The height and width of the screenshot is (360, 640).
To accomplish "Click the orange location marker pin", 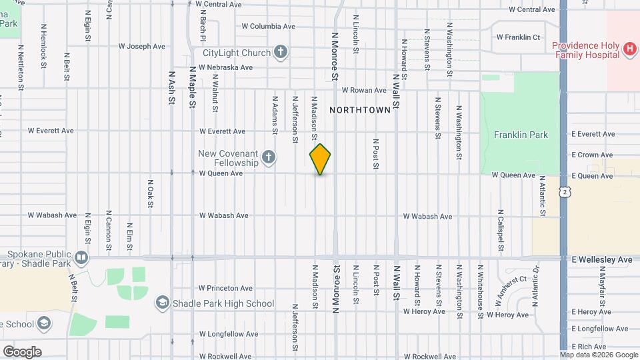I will (320, 159).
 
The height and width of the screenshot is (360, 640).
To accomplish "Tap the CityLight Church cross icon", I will (281, 53).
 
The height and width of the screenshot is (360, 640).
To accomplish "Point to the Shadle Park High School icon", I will (162, 303).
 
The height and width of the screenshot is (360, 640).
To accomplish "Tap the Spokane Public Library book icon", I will (81, 257).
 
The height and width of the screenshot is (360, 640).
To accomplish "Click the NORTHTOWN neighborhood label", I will (359, 110).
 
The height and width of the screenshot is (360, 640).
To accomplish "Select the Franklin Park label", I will (521, 135).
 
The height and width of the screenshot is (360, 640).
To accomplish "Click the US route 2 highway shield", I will (565, 192).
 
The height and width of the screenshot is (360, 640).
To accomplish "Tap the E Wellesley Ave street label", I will (601, 259).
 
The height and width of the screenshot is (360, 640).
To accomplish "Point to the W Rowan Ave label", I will (364, 90).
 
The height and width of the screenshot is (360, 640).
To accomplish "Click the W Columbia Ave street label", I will (268, 27).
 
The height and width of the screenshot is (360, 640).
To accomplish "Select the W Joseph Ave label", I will (141, 47).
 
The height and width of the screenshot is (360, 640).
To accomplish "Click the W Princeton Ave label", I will (226, 289).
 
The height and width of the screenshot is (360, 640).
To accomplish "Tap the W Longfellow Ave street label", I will (226, 334).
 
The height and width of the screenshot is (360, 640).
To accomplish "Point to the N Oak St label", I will (151, 193).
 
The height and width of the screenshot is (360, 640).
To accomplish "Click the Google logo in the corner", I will (22, 351).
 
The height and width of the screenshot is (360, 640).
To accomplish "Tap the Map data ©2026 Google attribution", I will (598, 355).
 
